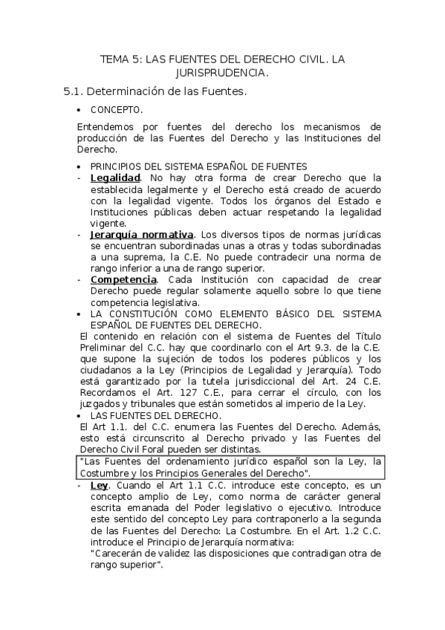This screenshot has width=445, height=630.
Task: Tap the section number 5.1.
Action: (x=74, y=92)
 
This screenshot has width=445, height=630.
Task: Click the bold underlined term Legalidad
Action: (x=115, y=178)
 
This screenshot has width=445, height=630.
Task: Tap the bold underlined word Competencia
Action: (x=123, y=279)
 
